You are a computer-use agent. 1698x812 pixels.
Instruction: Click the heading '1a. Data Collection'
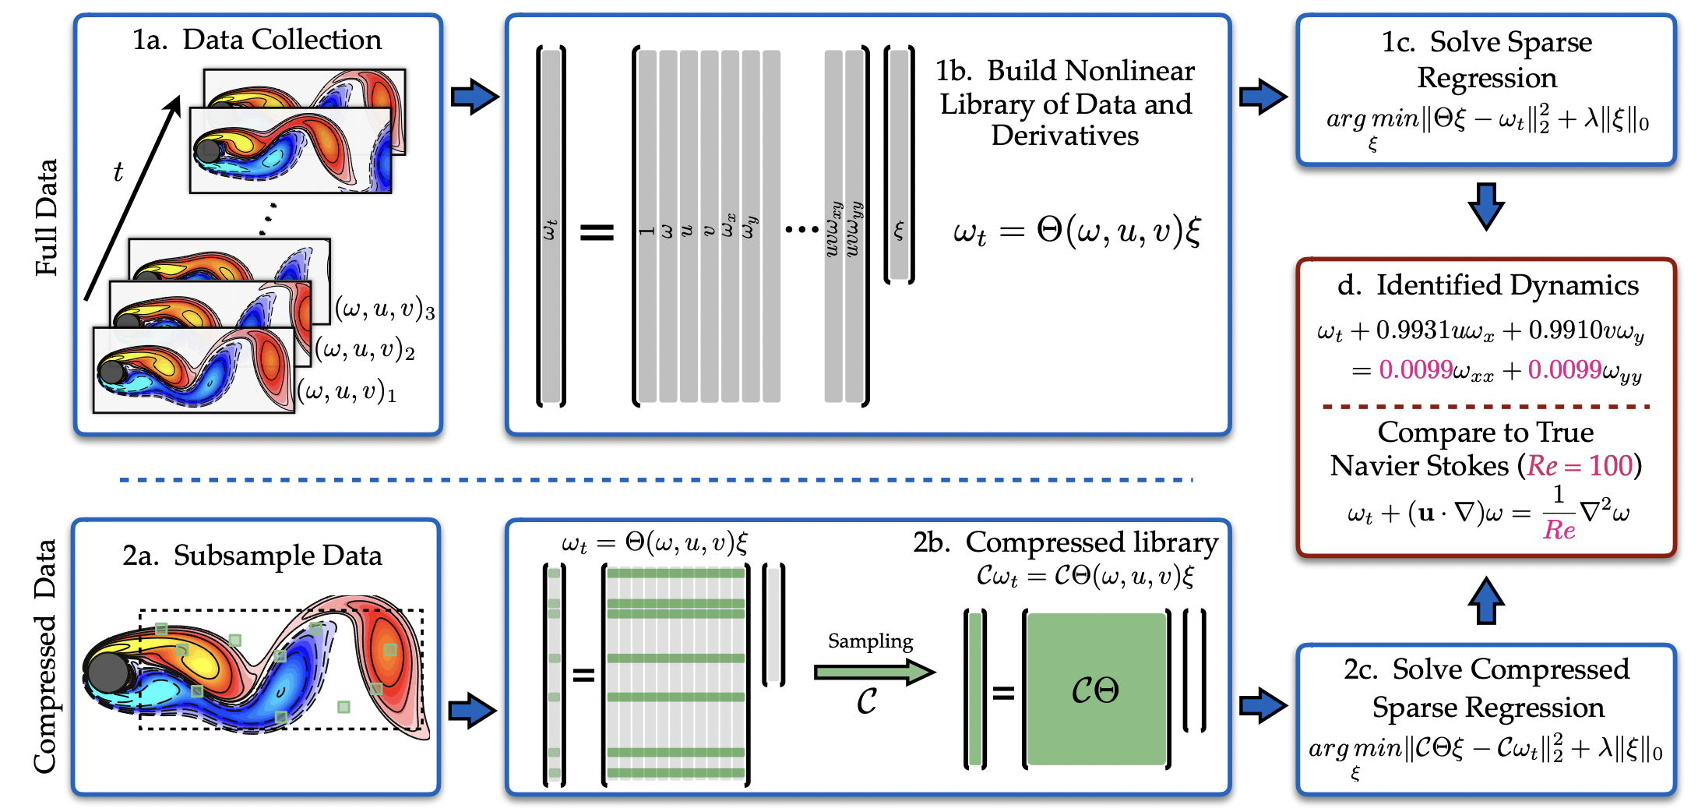[x=257, y=40]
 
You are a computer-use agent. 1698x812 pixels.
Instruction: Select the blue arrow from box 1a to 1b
[x=474, y=97]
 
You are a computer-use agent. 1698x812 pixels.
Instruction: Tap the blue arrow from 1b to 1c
[x=1263, y=97]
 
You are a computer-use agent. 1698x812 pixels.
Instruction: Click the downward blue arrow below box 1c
[x=1485, y=206]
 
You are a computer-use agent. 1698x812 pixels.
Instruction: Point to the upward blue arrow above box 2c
[x=1485, y=601]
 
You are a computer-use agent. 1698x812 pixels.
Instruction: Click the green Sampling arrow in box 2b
[x=873, y=672]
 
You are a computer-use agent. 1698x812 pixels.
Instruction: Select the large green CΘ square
[x=1096, y=689]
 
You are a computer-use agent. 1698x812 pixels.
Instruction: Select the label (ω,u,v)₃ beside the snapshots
[x=385, y=309]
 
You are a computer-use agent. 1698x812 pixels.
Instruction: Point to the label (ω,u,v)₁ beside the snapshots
[x=347, y=391]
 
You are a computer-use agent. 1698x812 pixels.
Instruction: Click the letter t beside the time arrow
[x=118, y=171]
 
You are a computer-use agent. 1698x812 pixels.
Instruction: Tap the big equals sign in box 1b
[x=597, y=231]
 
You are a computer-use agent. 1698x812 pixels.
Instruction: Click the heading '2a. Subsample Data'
[x=252, y=556]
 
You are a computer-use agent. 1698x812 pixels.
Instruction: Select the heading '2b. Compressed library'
[x=1066, y=542]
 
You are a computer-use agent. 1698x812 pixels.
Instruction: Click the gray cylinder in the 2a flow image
[x=109, y=673]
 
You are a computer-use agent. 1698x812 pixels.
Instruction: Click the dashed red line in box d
[x=1485, y=407]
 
